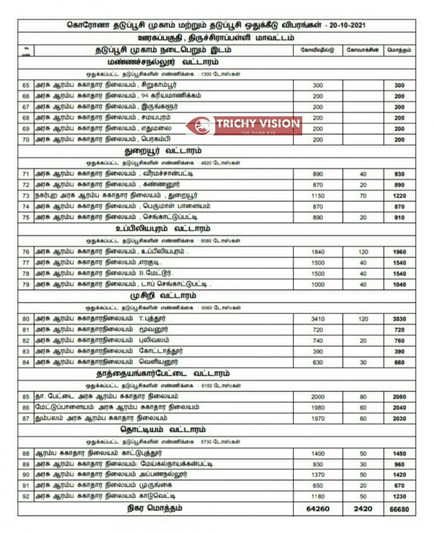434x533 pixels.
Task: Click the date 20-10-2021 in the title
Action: (345, 26)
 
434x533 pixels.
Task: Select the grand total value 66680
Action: (399, 509)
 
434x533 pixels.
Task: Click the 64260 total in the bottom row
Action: (318, 509)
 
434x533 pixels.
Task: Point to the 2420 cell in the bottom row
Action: (363, 509)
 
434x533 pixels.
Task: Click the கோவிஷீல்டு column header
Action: (318, 50)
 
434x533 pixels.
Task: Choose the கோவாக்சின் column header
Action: (363, 50)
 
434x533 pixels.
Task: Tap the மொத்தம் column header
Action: (399, 50)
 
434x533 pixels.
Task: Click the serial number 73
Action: (25, 195)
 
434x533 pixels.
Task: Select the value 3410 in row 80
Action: (318, 319)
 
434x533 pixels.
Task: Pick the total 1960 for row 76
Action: (399, 252)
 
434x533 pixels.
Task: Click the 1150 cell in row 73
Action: (318, 195)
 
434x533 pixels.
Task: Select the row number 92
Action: (25, 496)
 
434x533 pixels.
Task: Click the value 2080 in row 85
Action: (399, 397)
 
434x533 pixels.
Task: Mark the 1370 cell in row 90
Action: (318, 474)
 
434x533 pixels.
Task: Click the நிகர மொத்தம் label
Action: (155, 509)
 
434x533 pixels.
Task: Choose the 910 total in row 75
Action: (399, 217)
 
